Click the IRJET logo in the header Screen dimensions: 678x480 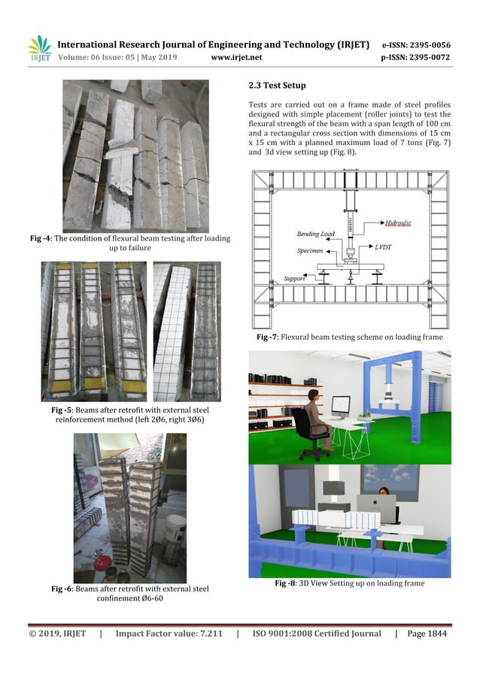click(39, 49)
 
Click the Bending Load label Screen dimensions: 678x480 click(315, 235)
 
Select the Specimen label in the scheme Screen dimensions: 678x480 click(310, 250)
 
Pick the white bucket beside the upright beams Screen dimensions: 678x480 click(175, 531)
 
